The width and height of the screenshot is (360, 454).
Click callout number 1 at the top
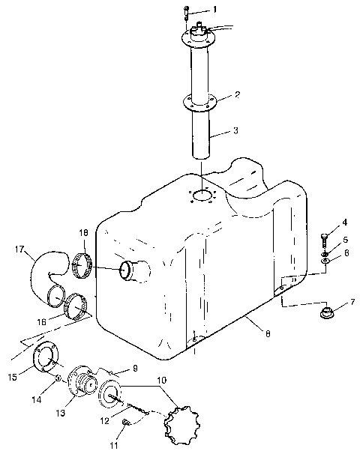tap(214, 9)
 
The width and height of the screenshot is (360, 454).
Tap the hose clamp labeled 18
tap(85, 263)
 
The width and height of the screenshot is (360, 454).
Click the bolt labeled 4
tap(324, 240)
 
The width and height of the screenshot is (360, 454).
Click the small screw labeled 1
tap(186, 12)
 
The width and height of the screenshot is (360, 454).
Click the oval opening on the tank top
tap(203, 196)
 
